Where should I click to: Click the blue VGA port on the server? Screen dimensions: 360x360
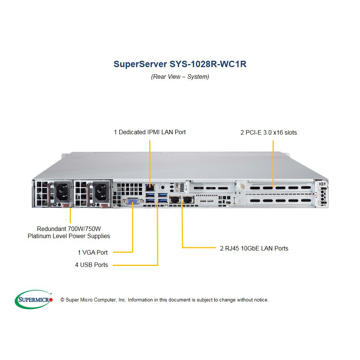tap(133, 201)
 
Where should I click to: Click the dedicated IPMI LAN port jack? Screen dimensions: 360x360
tap(150, 187)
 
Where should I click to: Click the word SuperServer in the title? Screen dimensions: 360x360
tap(140, 64)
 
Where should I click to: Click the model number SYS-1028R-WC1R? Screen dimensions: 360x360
tap(208, 64)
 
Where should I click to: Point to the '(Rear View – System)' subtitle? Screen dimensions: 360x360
tap(180, 76)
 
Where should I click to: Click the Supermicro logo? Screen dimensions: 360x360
tap(34, 299)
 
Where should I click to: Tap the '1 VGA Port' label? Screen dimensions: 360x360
tap(93, 252)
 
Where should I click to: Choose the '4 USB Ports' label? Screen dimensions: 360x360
tap(91, 265)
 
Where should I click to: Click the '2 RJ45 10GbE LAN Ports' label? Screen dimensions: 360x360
tap(254, 248)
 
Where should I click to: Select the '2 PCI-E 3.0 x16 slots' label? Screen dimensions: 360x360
tap(268, 132)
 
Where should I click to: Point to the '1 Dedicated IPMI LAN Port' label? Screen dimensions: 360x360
tap(150, 132)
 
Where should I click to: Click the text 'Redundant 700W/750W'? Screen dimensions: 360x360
tap(69, 229)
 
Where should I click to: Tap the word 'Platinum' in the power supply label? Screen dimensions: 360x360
tap(39, 236)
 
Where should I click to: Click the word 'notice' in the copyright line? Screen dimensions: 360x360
tap(261, 300)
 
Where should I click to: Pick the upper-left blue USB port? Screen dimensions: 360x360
tap(150, 195)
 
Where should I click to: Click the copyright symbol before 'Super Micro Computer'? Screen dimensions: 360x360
tap(62, 300)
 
